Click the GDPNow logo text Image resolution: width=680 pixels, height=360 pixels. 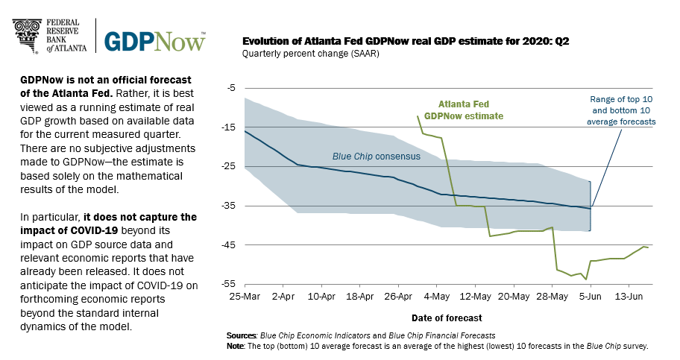click(x=154, y=40)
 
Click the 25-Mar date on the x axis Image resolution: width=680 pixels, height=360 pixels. click(x=245, y=296)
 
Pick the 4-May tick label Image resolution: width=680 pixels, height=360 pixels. click(x=437, y=296)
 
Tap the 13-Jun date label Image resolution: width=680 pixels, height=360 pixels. click(x=629, y=296)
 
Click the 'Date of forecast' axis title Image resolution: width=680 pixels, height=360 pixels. click(x=447, y=317)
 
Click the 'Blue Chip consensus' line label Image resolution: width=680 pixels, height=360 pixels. click(x=376, y=157)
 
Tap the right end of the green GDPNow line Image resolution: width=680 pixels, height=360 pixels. click(x=648, y=247)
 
